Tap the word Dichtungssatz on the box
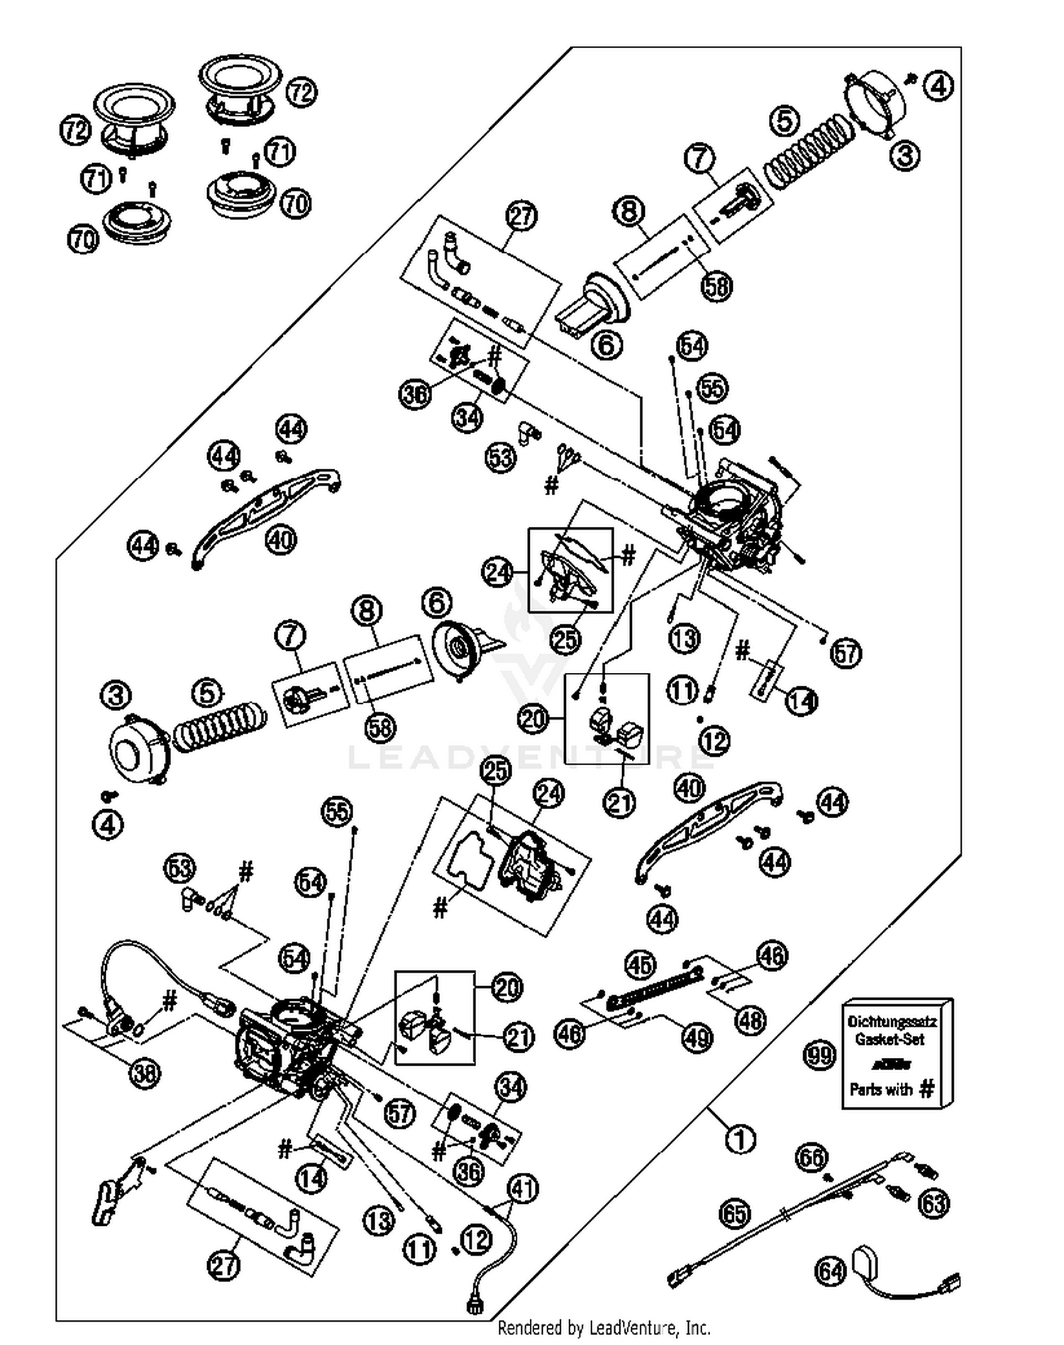(x=892, y=1022)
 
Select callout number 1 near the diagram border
(x=741, y=1139)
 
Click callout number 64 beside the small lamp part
(x=831, y=1271)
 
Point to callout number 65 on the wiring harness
(x=735, y=1214)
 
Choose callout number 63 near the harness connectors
(x=933, y=1203)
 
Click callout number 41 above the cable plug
(x=523, y=1189)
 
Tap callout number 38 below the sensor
(x=145, y=1073)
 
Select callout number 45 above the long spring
(x=641, y=965)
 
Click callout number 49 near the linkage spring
(x=697, y=1038)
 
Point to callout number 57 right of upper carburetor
(x=846, y=652)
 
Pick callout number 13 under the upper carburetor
(x=685, y=639)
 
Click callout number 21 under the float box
(x=619, y=803)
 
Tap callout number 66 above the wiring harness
(x=811, y=1157)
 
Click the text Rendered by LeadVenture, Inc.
(x=604, y=1327)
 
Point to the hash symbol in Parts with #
(x=926, y=1090)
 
